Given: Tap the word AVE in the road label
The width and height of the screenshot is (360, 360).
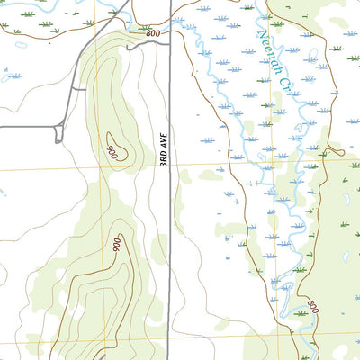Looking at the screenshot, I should click(x=165, y=140).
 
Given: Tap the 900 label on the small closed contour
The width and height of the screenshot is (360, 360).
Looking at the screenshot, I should click(x=113, y=153).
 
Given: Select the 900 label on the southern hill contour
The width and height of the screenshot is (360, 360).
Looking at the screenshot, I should click(x=116, y=243).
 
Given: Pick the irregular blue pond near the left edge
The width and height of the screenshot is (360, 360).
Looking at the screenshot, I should click(x=3, y=192).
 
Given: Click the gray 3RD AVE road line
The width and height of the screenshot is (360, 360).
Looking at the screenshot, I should click(x=170, y=225).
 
